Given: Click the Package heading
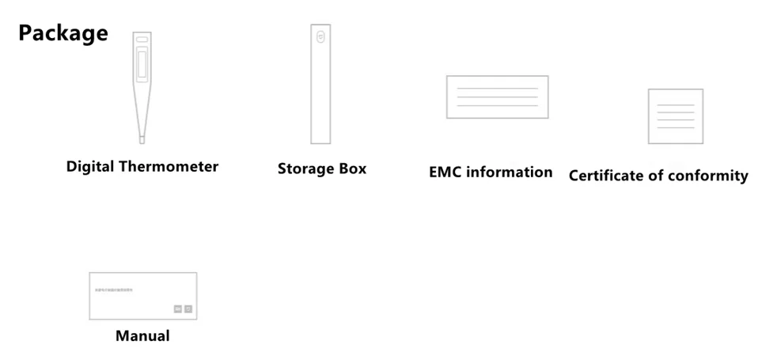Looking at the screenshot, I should (x=63, y=33).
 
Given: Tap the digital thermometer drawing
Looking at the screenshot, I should (x=142, y=87).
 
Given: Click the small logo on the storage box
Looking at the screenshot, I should (x=320, y=36).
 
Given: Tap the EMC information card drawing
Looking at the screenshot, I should (x=497, y=97).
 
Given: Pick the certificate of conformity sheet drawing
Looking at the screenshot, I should (x=675, y=116).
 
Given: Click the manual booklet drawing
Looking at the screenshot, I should (x=142, y=296).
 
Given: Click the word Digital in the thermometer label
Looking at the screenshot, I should (x=90, y=167).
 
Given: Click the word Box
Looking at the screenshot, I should (x=353, y=169).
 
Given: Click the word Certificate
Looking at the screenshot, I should (x=606, y=176).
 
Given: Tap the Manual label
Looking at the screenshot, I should (x=142, y=335).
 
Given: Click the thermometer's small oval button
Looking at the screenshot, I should (x=142, y=40).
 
